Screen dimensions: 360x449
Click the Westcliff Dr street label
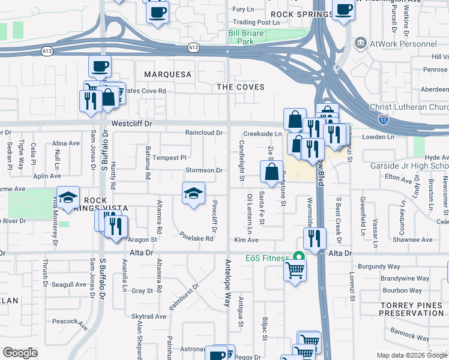133,124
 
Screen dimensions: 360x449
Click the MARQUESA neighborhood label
167,74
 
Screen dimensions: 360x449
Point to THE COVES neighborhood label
241,87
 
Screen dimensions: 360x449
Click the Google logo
19,353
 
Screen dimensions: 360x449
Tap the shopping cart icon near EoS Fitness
295,270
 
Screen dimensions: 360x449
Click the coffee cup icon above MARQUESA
100,66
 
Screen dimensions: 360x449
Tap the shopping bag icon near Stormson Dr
271,172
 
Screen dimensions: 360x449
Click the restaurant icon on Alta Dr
315,239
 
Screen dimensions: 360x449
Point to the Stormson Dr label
204,170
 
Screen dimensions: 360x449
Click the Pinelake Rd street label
197,238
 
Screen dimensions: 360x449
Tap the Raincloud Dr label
204,133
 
